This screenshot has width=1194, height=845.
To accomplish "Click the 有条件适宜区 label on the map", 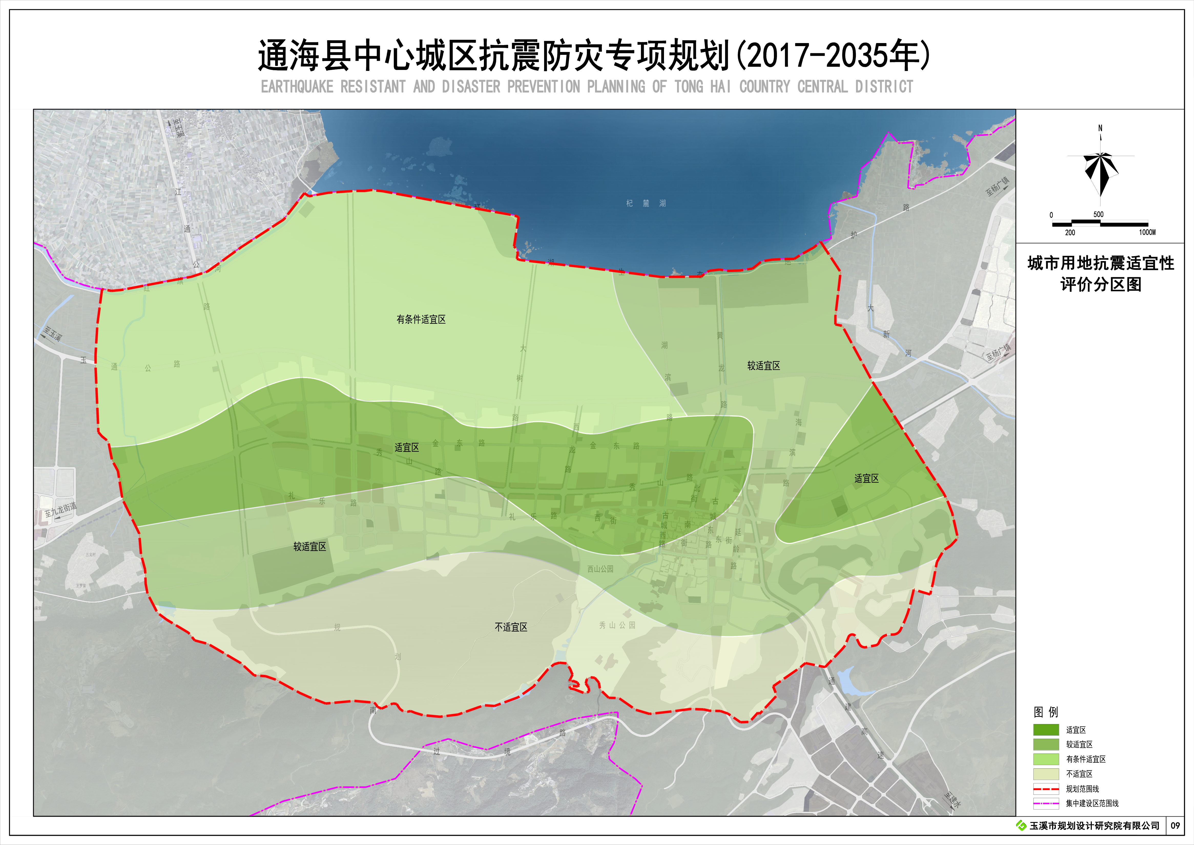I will [x=421, y=320].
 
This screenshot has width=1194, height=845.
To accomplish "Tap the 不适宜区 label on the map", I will [x=511, y=627].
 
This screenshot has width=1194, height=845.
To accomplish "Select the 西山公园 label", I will [x=600, y=569].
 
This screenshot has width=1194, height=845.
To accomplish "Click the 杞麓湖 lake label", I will [x=646, y=203].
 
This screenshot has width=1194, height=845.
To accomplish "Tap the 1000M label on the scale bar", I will [x=1147, y=233].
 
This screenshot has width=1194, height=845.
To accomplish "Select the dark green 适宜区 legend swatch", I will [x=1046, y=730].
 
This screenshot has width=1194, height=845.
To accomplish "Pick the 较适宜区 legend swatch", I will [x=1046, y=745].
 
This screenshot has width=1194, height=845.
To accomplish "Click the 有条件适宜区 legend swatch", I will [x=1046, y=759].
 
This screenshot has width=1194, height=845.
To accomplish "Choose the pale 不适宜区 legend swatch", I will [x=1046, y=774].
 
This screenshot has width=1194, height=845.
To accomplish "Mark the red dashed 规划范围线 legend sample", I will [x=1046, y=789].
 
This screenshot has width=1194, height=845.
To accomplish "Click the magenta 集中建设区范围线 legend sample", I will [x=1046, y=803].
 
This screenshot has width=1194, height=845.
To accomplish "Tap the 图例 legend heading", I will [x=1046, y=712].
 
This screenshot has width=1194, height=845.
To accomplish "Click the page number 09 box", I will [x=1175, y=826].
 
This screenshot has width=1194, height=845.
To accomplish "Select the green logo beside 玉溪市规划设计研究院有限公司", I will [x=1021, y=826].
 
